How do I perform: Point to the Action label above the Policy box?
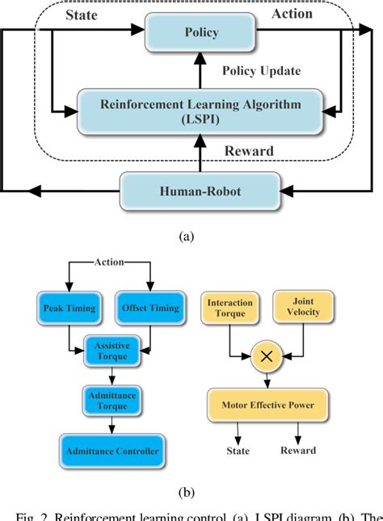click(292, 14)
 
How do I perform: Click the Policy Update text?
click(261, 71)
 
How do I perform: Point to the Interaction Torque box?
click(229, 307)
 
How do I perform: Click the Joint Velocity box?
click(303, 307)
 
